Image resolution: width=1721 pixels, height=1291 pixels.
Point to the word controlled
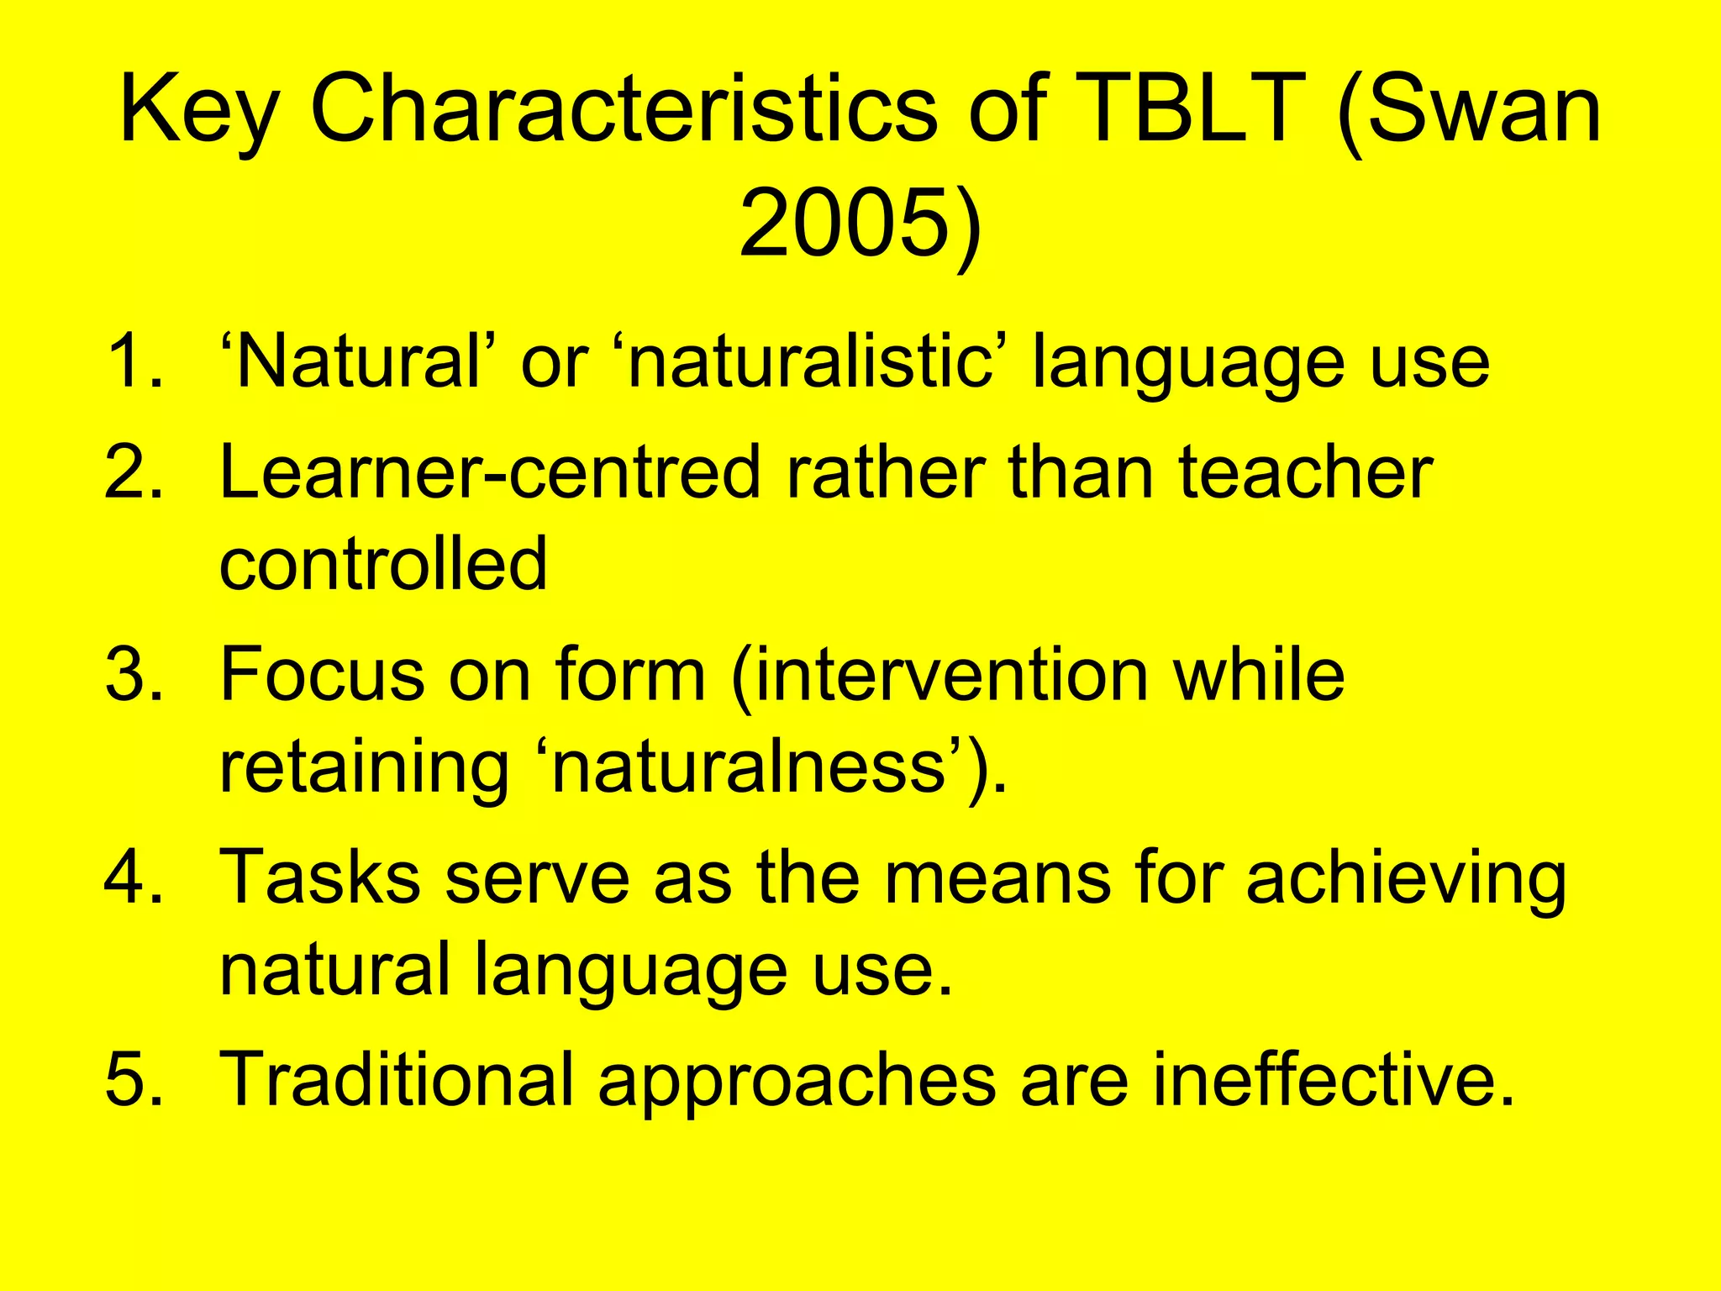pyautogui.click(x=383, y=563)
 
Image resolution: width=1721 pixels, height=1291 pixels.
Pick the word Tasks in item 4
pyautogui.click(x=319, y=876)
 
